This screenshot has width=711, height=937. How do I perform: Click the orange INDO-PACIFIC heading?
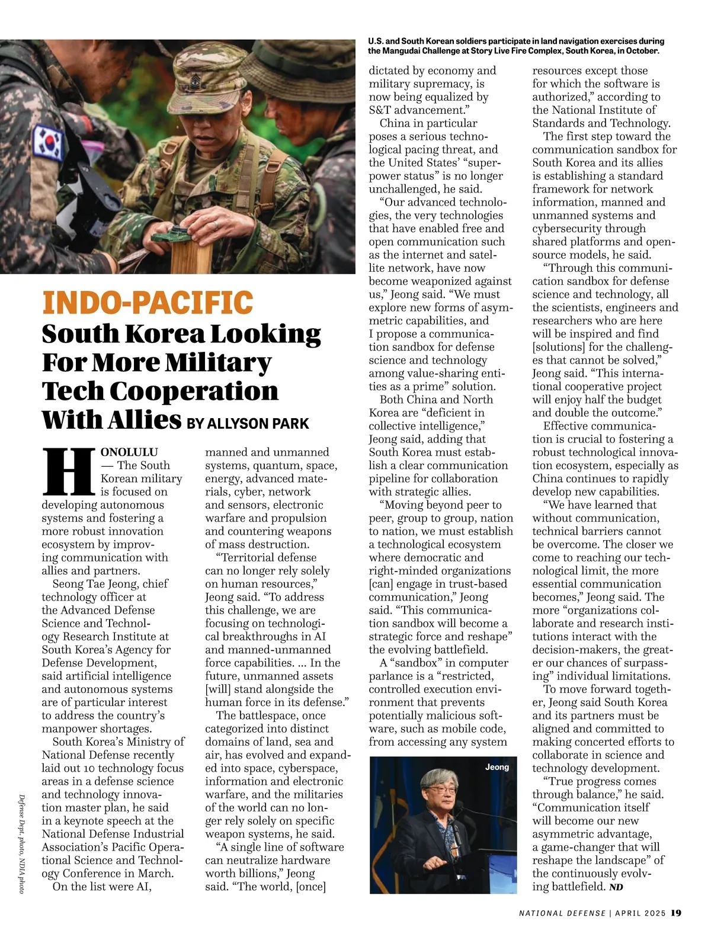click(x=148, y=303)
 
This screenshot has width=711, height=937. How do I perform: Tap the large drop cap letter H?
click(x=68, y=471)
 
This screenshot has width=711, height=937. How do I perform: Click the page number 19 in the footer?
click(x=676, y=913)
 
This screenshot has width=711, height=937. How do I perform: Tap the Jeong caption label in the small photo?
click(x=497, y=767)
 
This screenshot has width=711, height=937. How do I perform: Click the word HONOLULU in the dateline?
click(x=129, y=452)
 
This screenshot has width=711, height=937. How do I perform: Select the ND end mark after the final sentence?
click(x=616, y=887)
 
